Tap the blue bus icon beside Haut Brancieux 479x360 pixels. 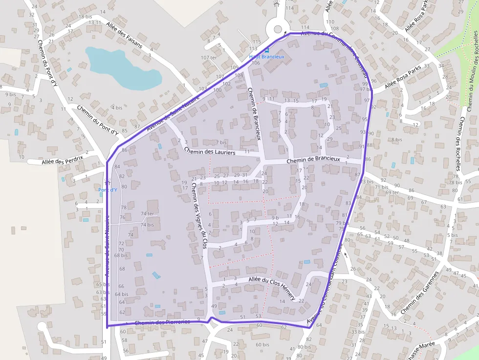pos(266,51)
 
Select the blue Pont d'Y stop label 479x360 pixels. pos(108,190)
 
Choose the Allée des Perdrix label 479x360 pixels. pos(63,159)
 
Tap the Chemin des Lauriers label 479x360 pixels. pos(210,152)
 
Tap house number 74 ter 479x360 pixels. pos(147,213)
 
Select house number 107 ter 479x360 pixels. pos(209,58)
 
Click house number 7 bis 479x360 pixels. pos(221,143)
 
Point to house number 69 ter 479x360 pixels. pos(392,192)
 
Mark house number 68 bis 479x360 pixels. pos(121,255)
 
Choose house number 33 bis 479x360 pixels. pos(358,332)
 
